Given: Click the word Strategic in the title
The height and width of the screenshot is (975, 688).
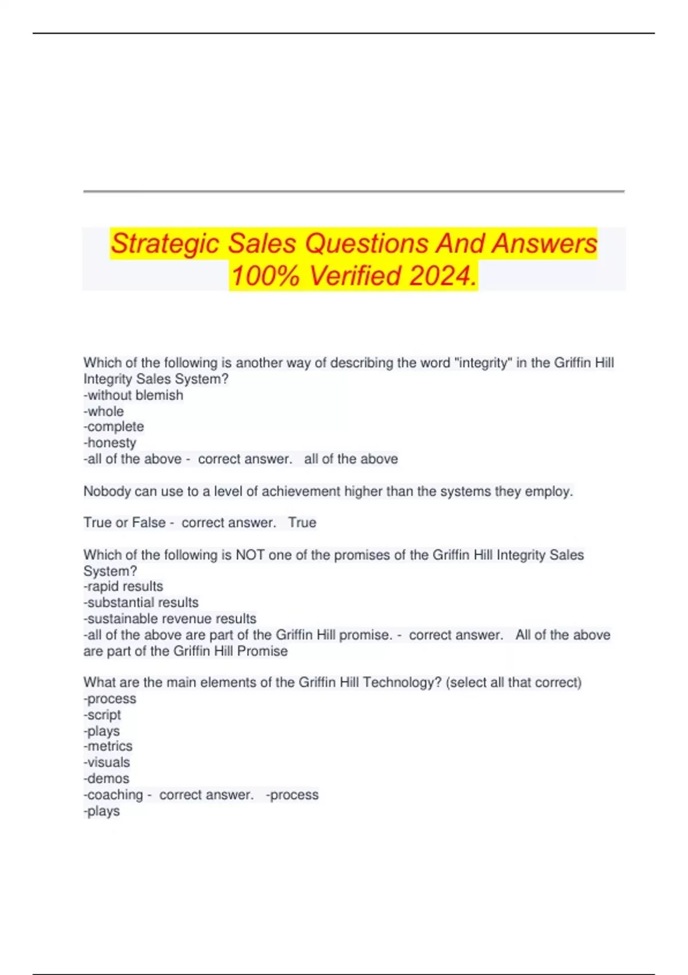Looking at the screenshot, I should click(x=166, y=244).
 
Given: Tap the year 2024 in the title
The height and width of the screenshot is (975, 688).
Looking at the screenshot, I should click(x=441, y=276).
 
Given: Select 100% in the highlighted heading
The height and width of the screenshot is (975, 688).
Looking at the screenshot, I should click(x=265, y=276).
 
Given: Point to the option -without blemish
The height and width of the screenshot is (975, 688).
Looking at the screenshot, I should click(x=134, y=395).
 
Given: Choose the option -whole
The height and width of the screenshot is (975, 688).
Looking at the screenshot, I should click(x=104, y=411).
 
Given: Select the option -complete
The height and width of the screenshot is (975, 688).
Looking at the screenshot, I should click(x=114, y=427).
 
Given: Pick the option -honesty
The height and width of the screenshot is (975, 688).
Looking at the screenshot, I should click(x=110, y=443).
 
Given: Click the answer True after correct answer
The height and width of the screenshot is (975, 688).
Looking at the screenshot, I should click(x=302, y=522).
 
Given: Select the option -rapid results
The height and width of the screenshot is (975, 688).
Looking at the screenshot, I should click(x=123, y=586).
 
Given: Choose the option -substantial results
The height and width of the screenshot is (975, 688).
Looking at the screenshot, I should click(x=141, y=602).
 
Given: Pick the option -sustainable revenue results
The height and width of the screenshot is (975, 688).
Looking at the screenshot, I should click(x=170, y=619).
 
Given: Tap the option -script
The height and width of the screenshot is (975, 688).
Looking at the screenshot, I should click(x=102, y=715).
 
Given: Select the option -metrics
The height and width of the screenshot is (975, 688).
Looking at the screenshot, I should click(x=108, y=746).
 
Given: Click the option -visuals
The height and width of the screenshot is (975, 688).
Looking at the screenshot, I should click(x=107, y=762).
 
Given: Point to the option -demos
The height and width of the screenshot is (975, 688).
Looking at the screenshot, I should click(x=107, y=778).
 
